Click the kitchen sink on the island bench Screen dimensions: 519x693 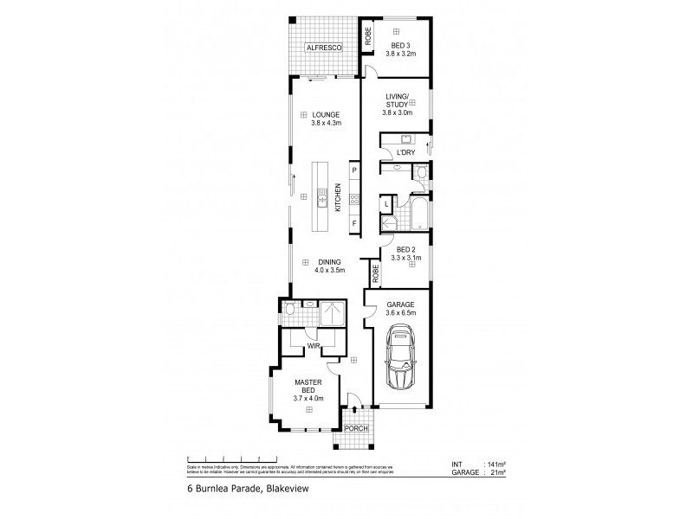click(321, 201)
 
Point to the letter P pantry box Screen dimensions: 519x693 click(354, 171)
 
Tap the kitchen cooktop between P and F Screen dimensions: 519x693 click(354, 202)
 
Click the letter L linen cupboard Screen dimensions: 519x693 click(386, 204)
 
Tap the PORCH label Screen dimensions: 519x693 click(355, 428)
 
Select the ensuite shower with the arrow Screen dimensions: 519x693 click(333, 314)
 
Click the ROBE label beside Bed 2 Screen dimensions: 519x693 click(375, 274)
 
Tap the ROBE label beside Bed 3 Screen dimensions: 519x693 click(368, 35)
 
